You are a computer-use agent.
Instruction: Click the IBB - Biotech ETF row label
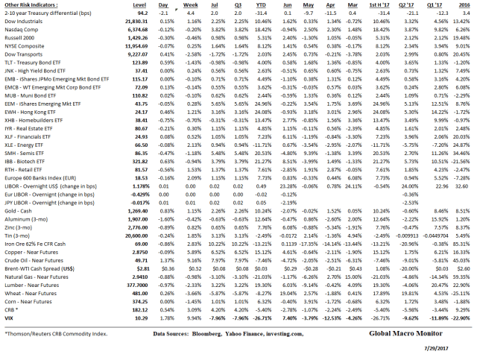click(30, 139)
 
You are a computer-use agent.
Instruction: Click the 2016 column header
click(465, 5)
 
